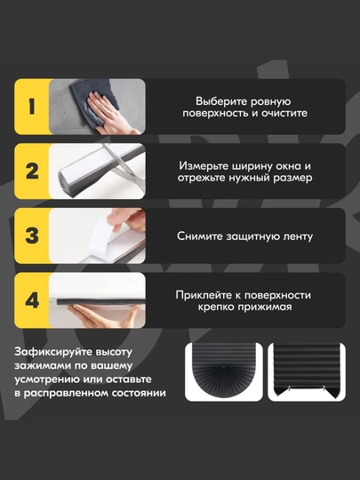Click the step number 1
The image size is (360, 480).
[x=32, y=107]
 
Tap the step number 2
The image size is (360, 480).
[x=33, y=172]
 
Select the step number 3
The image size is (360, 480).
[x=32, y=236]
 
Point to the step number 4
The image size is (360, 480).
[x=32, y=300]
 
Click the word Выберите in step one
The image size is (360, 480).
[x=218, y=101]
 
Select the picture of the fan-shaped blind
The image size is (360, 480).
[x=224, y=372]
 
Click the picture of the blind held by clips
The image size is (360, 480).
[x=307, y=372]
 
